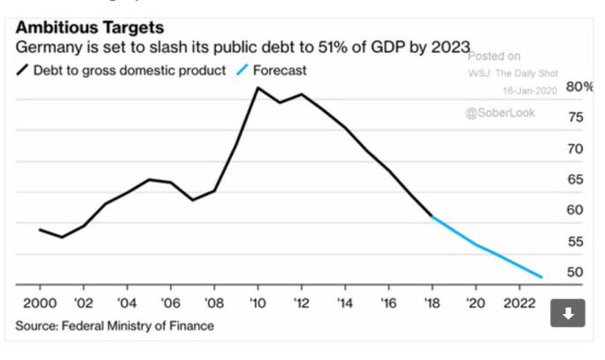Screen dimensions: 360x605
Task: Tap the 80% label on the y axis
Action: pos(579,87)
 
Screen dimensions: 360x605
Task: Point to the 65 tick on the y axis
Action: pos(575,179)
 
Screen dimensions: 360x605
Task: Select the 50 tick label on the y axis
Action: pos(575,272)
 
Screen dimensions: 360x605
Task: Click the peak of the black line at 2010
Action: pos(258,87)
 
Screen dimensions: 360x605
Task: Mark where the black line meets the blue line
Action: pos(432,216)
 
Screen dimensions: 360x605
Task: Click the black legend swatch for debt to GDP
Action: pos(22,71)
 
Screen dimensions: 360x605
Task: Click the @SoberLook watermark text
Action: pos(502,114)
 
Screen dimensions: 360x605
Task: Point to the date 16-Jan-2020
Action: pos(526,91)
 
